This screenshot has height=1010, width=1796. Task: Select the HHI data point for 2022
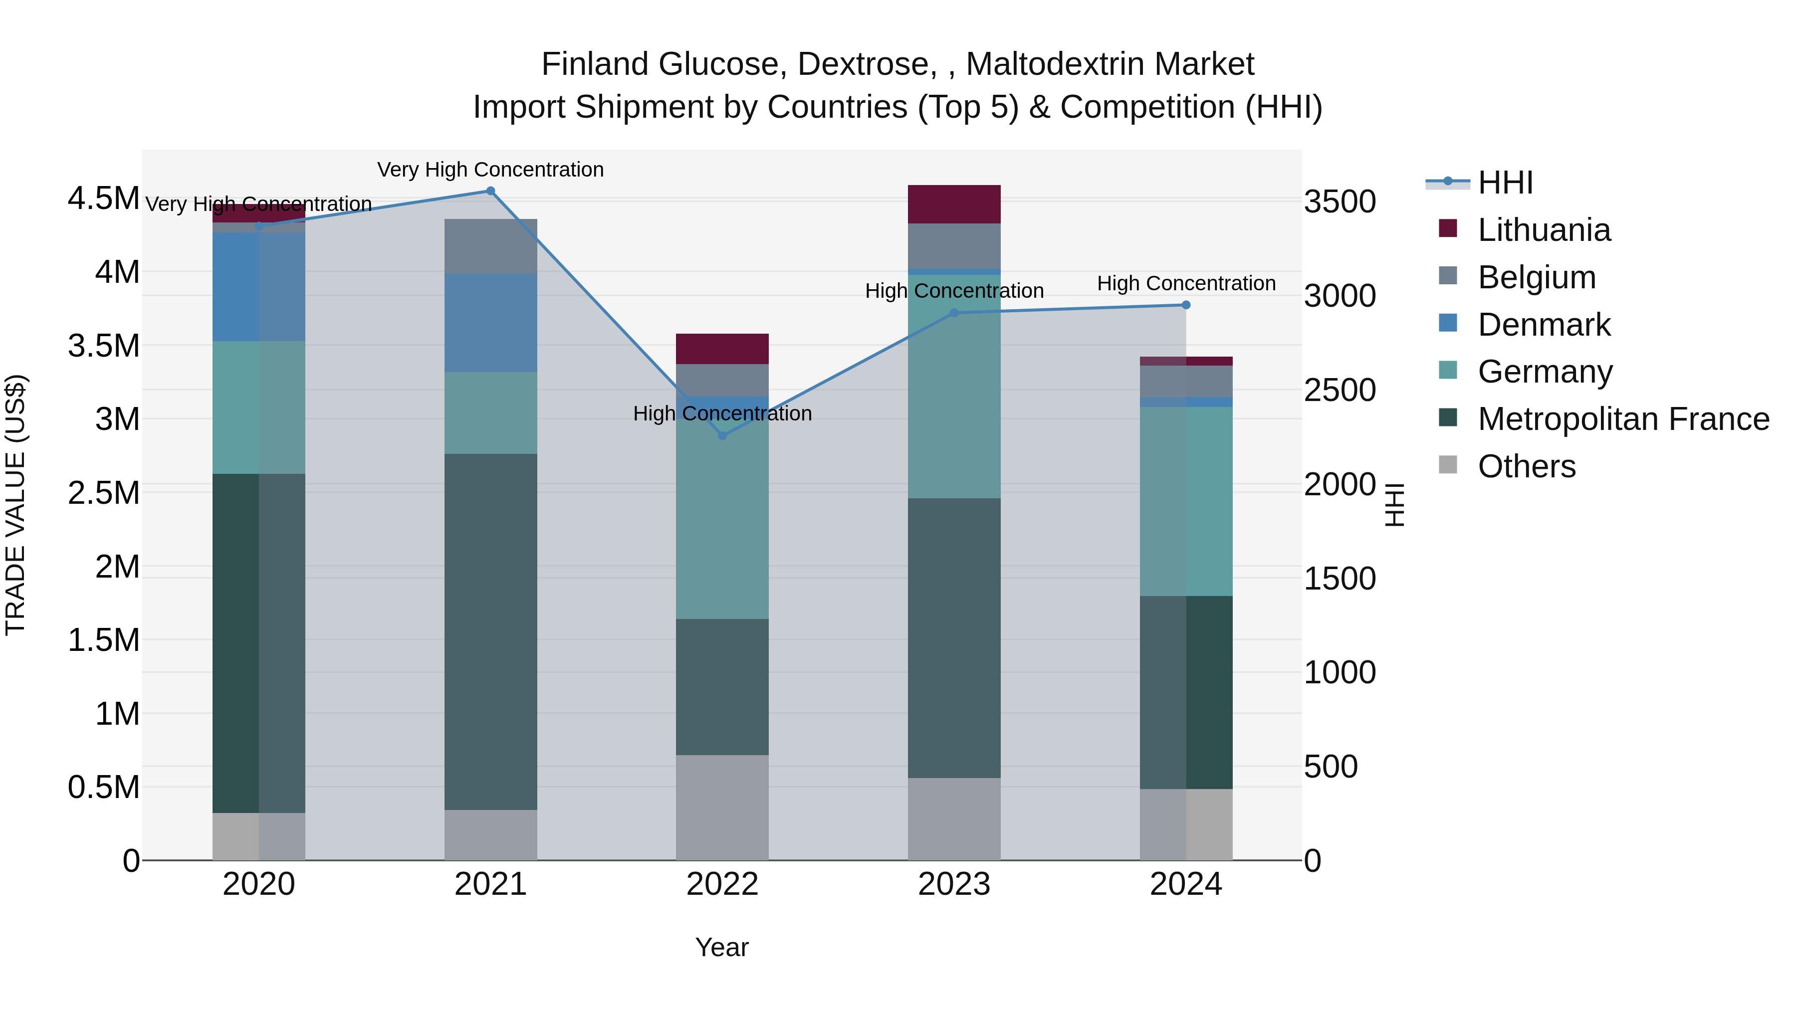[722, 435]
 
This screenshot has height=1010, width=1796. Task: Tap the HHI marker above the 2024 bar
[1186, 305]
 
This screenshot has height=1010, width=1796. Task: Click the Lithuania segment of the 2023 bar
[954, 204]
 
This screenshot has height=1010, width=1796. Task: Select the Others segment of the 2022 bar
[722, 807]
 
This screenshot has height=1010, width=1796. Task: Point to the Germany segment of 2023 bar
[954, 387]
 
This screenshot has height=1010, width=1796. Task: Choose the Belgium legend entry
[1536, 277]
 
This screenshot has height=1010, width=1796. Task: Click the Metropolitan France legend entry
[1623, 419]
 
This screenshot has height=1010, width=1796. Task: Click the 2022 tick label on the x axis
[722, 884]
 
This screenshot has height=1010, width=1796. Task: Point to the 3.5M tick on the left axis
[103, 346]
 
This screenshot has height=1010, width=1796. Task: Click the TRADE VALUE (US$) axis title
[15, 505]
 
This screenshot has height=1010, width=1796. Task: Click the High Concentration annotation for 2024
[1186, 284]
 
